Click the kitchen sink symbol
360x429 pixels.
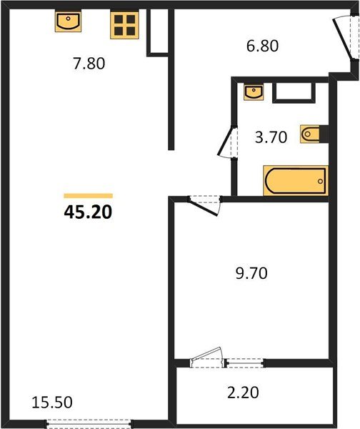(x=68, y=22)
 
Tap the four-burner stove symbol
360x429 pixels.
(x=123, y=24)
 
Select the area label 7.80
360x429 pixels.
(x=89, y=64)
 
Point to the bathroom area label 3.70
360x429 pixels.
(x=271, y=137)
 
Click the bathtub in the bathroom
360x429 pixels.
(x=295, y=179)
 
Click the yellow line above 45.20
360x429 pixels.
(x=89, y=195)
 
